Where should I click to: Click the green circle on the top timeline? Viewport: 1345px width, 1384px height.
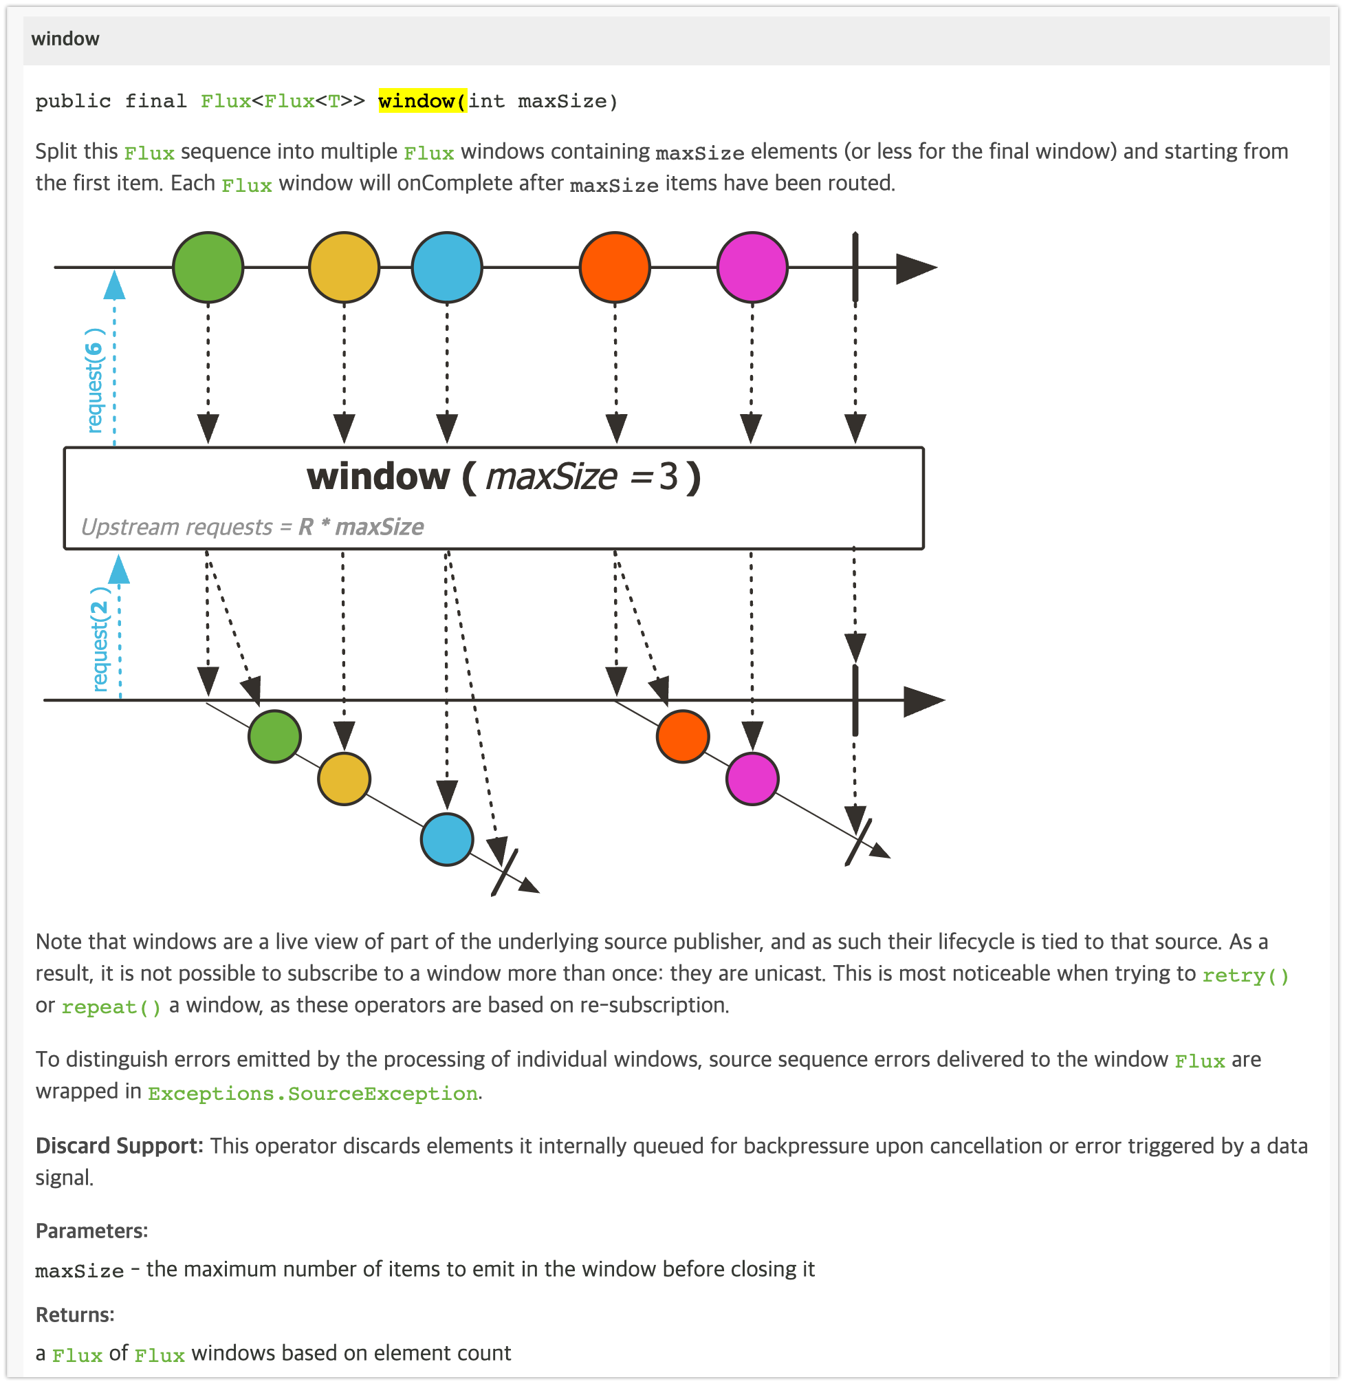coord(208,267)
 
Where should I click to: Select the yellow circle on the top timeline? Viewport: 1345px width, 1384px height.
coord(344,267)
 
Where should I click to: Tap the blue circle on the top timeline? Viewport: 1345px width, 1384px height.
coord(446,267)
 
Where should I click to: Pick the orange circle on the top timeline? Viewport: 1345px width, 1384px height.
coord(615,267)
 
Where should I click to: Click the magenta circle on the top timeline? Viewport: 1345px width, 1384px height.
coord(752,267)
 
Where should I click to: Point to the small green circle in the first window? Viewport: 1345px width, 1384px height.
coord(275,736)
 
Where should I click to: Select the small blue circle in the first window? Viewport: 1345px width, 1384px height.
coord(446,839)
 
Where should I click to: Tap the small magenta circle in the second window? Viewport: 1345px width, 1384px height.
coord(752,779)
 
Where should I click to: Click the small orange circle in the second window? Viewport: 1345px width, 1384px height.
coord(682,736)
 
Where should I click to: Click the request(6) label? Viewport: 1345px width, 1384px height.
coord(95,380)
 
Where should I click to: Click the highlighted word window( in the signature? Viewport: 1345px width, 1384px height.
coord(422,101)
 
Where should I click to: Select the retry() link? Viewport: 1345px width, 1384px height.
coord(1245,975)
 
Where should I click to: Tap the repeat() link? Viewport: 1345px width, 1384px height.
coord(111,1006)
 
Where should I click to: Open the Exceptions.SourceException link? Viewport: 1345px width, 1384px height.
coord(313,1093)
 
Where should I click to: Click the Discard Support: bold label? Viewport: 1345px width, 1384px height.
coord(120,1145)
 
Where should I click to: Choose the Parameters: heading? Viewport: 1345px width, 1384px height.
coord(92,1231)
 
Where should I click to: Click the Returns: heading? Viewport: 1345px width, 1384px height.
coord(75,1315)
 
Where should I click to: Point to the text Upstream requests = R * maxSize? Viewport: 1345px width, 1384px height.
coord(252,527)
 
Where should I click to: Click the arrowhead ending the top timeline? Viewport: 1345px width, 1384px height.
coord(915,268)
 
